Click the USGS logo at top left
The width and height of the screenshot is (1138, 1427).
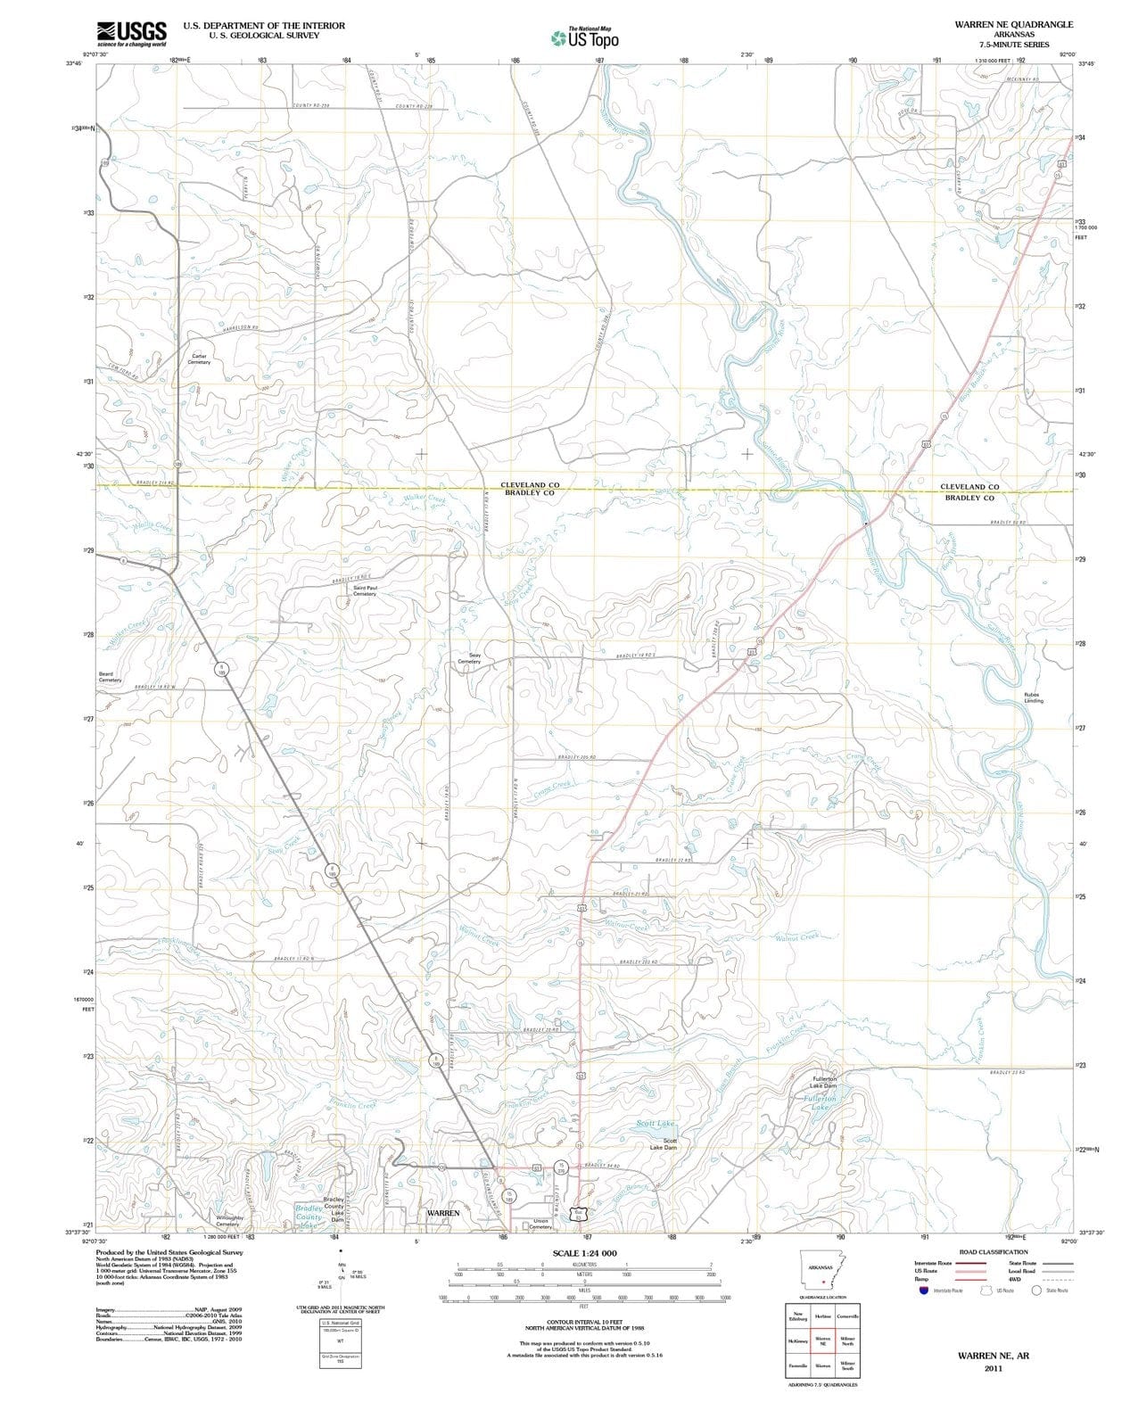131,33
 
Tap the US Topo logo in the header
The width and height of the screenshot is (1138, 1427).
585,38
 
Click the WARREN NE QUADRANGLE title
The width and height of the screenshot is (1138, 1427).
1013,24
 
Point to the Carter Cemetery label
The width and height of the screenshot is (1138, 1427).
200,359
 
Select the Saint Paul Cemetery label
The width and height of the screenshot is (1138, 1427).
365,590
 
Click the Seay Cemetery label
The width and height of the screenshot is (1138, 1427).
469,658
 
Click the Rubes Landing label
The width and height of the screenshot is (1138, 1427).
1033,697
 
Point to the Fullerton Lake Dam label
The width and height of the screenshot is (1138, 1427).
825,1082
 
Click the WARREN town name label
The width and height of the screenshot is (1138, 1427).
443,1214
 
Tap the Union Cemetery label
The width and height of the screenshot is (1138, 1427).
540,1224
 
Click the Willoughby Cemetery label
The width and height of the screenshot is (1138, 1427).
228,1221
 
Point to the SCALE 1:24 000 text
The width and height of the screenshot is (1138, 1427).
584,1254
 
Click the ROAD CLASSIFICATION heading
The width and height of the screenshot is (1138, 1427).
993,1252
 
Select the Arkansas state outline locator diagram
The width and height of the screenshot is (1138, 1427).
822,1270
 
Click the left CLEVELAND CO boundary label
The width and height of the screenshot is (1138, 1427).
530,485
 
